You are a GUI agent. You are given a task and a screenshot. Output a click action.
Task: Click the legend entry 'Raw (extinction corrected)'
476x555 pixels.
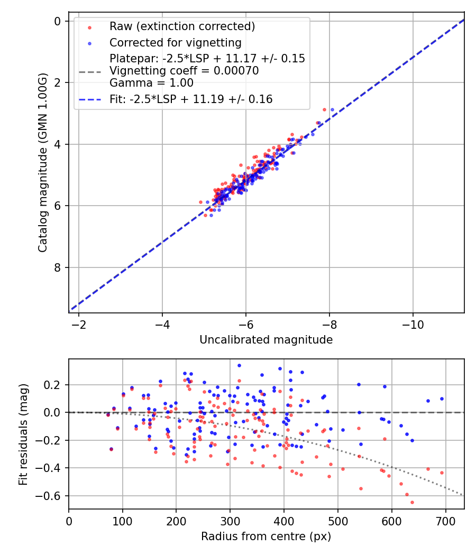pyautogui.click(x=182, y=26)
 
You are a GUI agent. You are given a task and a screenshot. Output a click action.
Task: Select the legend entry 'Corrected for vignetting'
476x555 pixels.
pyautogui.click(x=175, y=42)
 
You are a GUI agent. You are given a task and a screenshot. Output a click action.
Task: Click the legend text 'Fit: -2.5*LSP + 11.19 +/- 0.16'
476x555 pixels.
pyautogui.click(x=191, y=99)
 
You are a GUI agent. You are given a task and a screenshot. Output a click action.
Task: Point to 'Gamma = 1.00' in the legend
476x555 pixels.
pyautogui.click(x=151, y=83)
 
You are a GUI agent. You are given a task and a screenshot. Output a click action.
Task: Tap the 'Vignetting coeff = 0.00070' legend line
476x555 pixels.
pyautogui.click(x=184, y=71)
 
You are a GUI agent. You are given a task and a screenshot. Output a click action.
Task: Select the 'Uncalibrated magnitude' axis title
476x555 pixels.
pyautogui.click(x=266, y=340)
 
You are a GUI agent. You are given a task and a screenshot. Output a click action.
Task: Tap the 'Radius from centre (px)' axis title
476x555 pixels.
pyautogui.click(x=266, y=536)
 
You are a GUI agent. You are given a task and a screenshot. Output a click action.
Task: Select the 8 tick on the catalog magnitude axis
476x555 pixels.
pyautogui.click(x=57, y=267)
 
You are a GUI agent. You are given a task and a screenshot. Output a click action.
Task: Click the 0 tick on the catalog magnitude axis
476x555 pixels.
pyautogui.click(x=57, y=21)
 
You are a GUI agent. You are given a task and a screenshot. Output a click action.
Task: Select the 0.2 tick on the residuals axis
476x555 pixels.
pyautogui.click(x=54, y=385)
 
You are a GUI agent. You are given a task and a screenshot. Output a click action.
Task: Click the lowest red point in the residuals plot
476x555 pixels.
pyautogui.click(x=412, y=502)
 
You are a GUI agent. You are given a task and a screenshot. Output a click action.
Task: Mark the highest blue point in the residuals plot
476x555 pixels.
pyautogui.click(x=239, y=365)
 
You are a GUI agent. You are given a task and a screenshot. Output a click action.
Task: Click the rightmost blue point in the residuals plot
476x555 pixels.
pyautogui.click(x=442, y=399)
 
